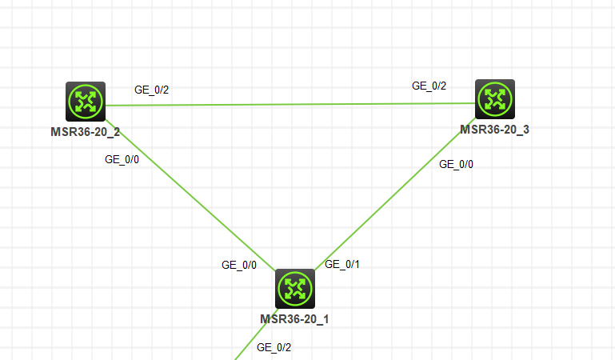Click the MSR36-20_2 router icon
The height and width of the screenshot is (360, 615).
(x=86, y=101)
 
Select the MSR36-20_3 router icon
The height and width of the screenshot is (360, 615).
(x=495, y=99)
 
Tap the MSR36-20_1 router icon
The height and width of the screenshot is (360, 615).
(x=295, y=289)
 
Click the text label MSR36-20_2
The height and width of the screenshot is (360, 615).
(x=86, y=131)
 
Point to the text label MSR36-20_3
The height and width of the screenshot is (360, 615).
(x=494, y=130)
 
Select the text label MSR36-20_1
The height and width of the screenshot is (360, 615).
(x=294, y=318)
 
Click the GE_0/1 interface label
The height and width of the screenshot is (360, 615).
(x=342, y=264)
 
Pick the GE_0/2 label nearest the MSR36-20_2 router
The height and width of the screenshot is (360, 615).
(x=151, y=90)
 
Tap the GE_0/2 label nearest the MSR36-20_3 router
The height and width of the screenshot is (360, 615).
(x=429, y=86)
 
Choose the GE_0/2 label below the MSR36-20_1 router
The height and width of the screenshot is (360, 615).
(x=274, y=347)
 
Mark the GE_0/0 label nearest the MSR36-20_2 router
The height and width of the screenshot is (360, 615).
(x=122, y=158)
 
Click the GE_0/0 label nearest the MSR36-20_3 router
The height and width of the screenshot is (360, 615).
(x=457, y=164)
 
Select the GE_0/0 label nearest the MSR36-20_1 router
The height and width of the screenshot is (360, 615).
(x=239, y=265)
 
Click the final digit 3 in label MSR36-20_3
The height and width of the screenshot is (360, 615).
(x=525, y=130)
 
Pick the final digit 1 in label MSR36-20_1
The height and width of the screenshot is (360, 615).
(x=325, y=318)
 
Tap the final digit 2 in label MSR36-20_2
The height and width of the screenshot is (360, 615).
(x=117, y=131)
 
